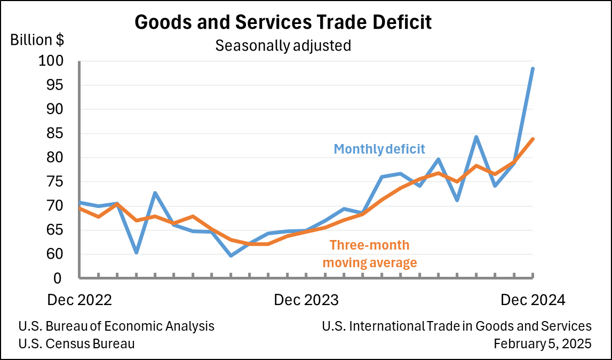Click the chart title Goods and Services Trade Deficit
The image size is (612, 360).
pyautogui.click(x=283, y=22)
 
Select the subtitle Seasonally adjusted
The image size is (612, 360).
pyautogui.click(x=283, y=46)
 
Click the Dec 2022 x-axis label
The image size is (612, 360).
pyautogui.click(x=80, y=300)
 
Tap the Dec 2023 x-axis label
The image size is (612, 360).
pyautogui.click(x=306, y=300)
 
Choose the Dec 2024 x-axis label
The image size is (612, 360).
pyautogui.click(x=532, y=300)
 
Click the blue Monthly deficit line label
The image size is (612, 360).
pyautogui.click(x=379, y=149)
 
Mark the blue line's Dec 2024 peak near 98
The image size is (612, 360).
pyautogui.click(x=532, y=68)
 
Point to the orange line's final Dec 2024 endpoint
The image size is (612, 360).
pyautogui.click(x=532, y=139)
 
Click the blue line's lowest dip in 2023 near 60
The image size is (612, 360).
pyautogui.click(x=231, y=255)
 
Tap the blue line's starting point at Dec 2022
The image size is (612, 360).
pyautogui.click(x=80, y=202)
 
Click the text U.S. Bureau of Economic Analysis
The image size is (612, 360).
pyautogui.click(x=116, y=326)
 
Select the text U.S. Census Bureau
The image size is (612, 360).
pyautogui.click(x=76, y=344)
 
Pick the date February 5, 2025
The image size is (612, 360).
pyautogui.click(x=542, y=344)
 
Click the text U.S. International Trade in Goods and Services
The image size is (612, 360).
pyautogui.click(x=457, y=326)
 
